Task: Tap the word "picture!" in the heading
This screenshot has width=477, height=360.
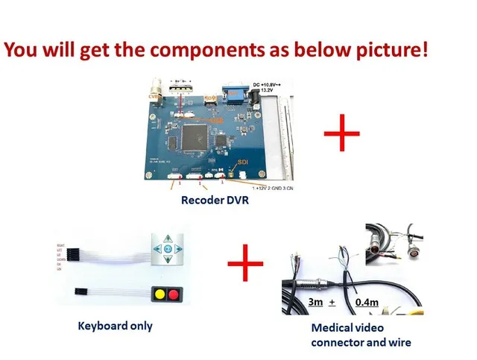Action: click(392, 52)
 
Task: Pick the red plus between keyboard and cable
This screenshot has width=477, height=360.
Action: click(246, 266)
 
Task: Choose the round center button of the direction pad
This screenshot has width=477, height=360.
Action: click(168, 247)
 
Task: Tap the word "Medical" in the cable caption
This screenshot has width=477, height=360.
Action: click(329, 329)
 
